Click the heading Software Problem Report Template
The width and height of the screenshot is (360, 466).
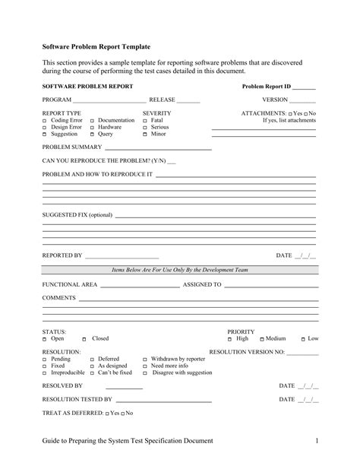coord(96,47)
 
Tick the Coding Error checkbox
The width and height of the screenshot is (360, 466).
coord(44,121)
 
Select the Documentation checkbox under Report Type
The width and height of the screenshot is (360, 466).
coord(93,121)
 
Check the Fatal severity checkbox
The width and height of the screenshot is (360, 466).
coord(145,121)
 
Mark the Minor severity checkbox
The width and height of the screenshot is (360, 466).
coord(145,134)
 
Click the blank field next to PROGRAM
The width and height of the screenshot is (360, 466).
coord(109,100)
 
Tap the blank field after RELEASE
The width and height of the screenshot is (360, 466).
coord(188,100)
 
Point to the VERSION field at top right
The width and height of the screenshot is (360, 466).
coord(302,100)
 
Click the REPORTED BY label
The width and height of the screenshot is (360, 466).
coord(62,255)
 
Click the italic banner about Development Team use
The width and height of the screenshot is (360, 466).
coord(179,270)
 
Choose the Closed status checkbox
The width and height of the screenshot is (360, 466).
coord(87,339)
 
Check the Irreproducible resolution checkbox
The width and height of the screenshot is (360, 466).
coord(44,373)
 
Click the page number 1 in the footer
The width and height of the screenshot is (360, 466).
coord(314,441)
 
